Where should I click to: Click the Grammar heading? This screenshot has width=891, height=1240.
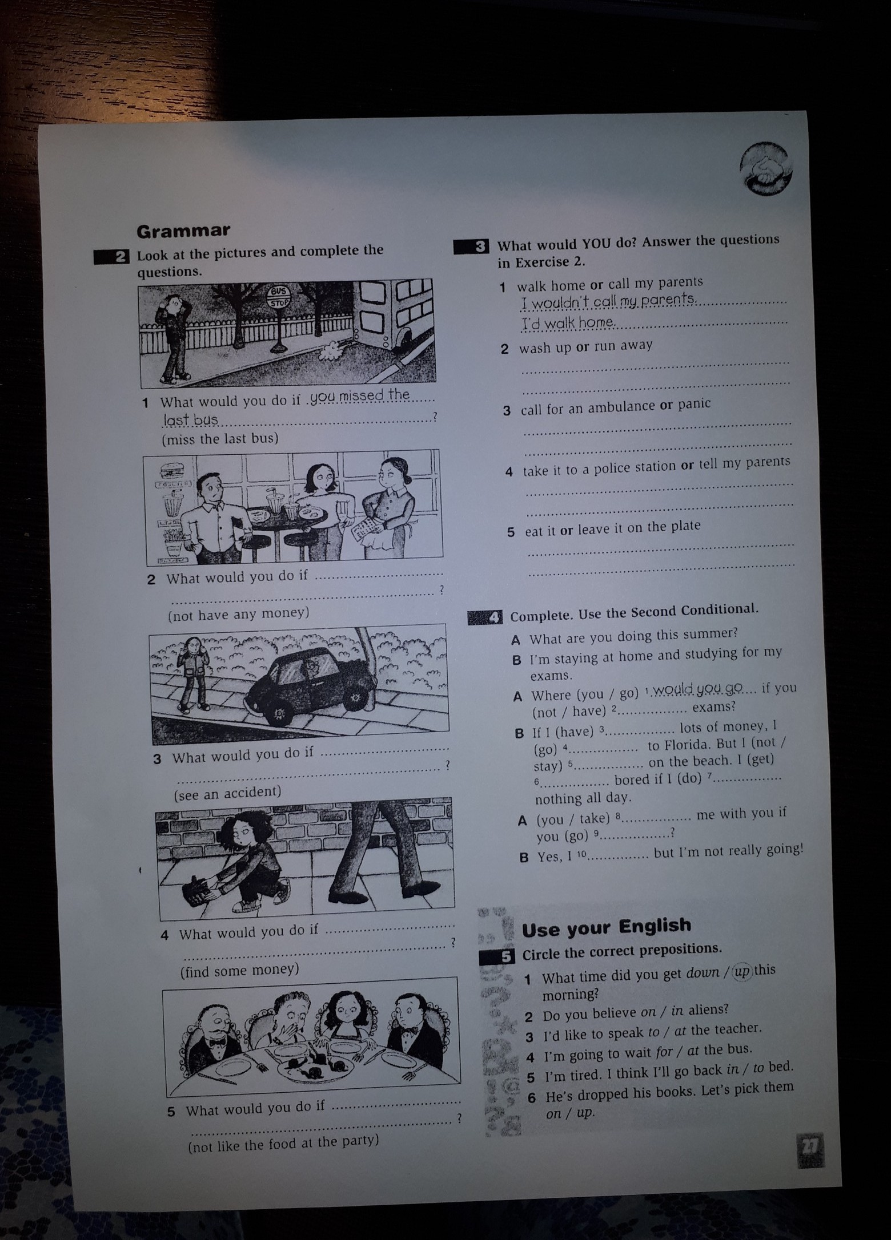(x=183, y=230)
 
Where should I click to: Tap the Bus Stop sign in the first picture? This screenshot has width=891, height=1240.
(x=280, y=297)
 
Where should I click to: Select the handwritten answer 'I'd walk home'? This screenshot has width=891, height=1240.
(x=568, y=323)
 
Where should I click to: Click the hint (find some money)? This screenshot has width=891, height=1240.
(x=239, y=970)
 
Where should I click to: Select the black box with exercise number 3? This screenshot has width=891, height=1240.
(x=471, y=247)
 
